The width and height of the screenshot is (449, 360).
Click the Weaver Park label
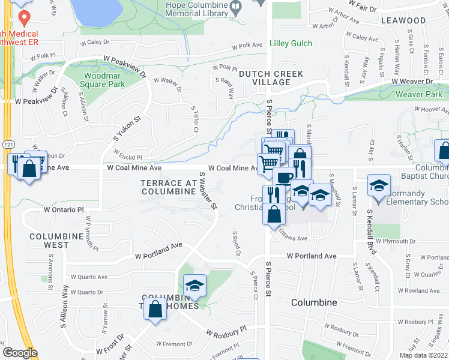tap(418, 94)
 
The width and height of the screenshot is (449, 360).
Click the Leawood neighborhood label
tap(403, 20)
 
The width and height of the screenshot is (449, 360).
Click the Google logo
tap(19, 353)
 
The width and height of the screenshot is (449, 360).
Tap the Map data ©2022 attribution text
tap(423, 355)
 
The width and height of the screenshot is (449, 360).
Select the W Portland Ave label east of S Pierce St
tap(311, 256)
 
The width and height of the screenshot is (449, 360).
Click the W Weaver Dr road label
tap(412, 82)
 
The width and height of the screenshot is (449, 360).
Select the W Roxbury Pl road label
tap(226, 331)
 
